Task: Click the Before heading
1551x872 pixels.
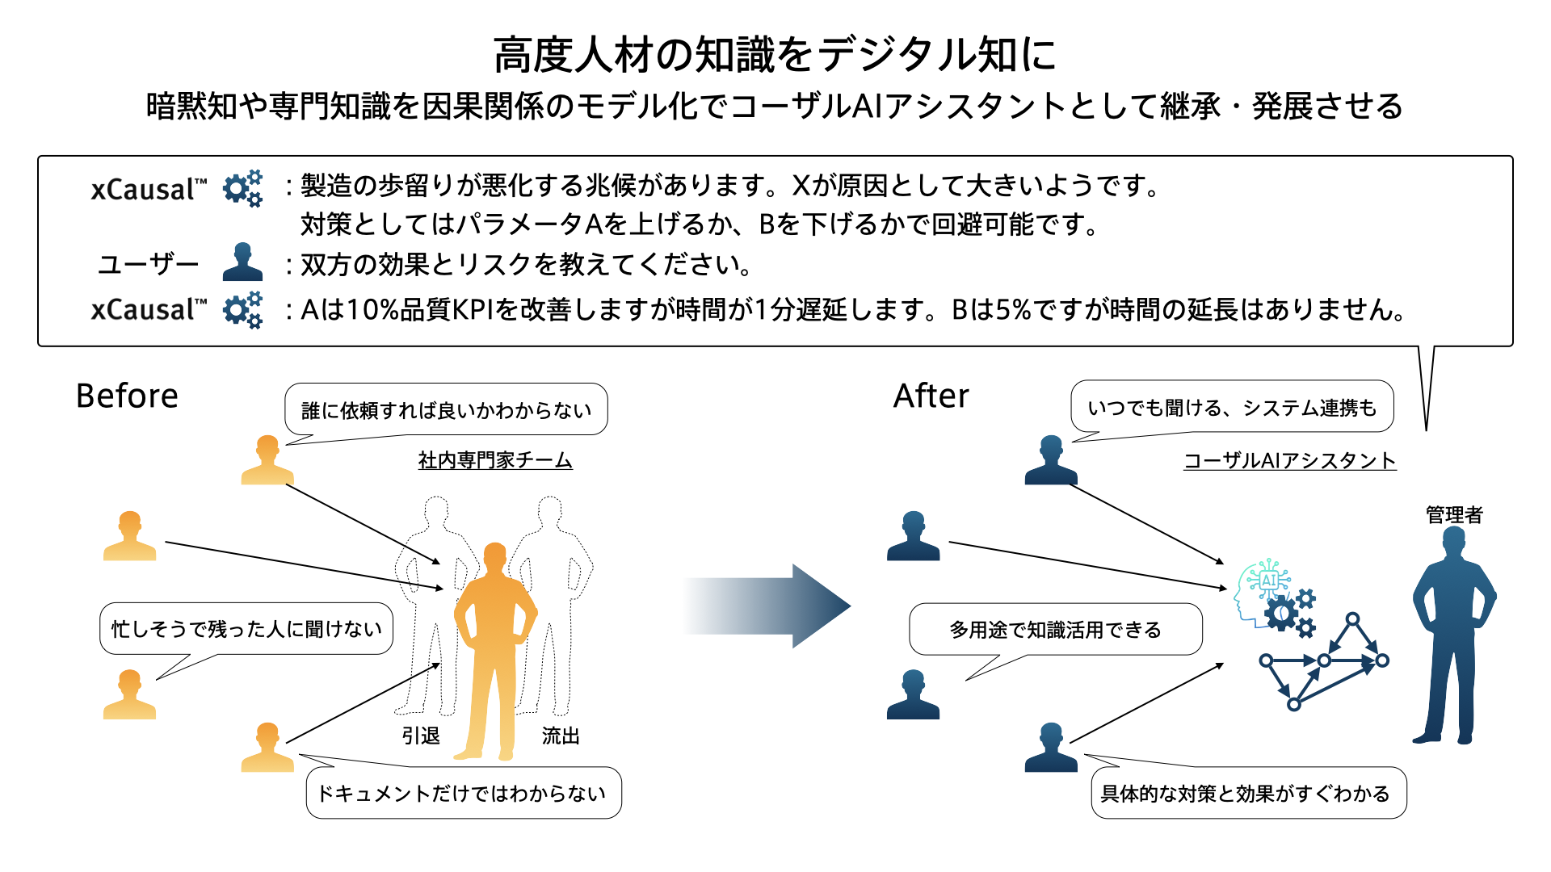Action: tap(127, 396)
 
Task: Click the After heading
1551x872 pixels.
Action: tap(931, 396)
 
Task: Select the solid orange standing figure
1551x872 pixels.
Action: tap(494, 646)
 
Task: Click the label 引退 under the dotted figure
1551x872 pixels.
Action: tap(421, 736)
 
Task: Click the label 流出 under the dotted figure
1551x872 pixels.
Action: tap(561, 736)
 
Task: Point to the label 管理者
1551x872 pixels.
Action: tap(1454, 515)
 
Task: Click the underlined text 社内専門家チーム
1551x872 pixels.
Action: tap(494, 460)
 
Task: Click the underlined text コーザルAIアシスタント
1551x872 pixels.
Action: tap(1289, 460)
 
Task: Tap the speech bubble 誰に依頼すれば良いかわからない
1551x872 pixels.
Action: tap(446, 410)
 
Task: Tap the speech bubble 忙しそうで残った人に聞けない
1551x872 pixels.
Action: tap(246, 629)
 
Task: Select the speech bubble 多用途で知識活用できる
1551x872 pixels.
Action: tap(1055, 630)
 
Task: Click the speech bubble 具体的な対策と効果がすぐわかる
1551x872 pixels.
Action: tap(1247, 794)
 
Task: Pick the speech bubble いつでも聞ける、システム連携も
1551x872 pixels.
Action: tap(1232, 408)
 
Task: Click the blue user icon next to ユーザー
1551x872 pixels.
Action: tap(242, 262)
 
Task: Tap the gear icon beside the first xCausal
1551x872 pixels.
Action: tap(242, 188)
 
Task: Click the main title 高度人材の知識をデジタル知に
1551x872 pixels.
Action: tap(775, 55)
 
